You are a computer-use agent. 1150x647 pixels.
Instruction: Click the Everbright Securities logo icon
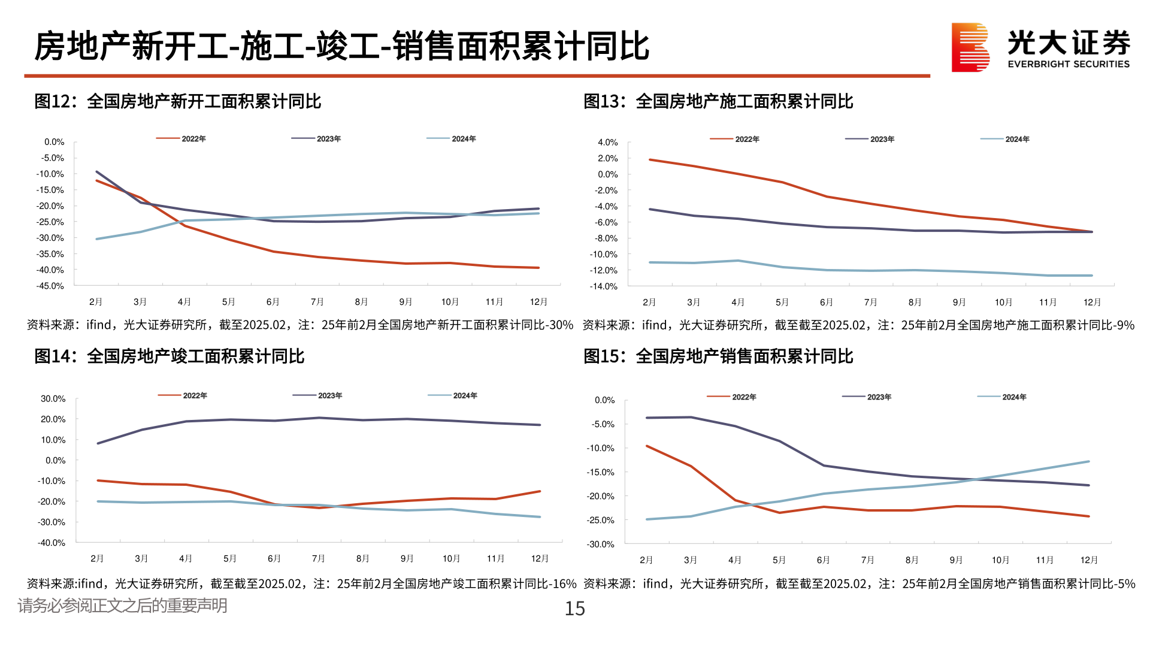970,47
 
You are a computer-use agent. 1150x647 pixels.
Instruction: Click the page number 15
574,609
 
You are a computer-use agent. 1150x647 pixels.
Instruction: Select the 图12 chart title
178,101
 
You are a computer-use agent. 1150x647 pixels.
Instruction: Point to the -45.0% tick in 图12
50,286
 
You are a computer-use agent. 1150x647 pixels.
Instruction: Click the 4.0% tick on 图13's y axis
607,143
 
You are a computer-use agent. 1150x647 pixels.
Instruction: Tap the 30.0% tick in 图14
53,399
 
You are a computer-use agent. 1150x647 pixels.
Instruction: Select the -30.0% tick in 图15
601,545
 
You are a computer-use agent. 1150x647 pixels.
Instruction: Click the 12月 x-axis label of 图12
538,302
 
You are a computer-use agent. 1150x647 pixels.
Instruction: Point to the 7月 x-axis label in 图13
870,303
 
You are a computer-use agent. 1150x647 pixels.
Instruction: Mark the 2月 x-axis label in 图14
97,559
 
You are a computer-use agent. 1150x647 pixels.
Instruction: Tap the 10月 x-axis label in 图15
1000,560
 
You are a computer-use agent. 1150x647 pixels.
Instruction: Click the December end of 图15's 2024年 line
1088,462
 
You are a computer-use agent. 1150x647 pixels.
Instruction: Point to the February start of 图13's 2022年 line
650,160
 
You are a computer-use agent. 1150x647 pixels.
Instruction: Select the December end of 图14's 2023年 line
540,425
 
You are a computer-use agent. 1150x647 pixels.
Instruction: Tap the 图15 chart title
718,356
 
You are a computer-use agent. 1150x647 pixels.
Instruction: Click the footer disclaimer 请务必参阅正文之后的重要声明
122,606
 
